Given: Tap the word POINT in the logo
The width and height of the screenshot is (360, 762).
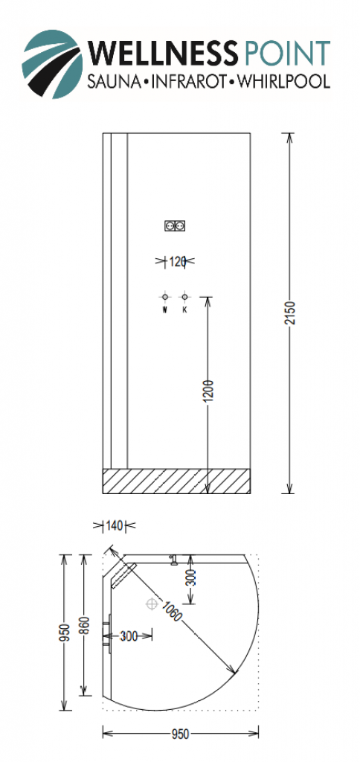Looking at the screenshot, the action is click(x=288, y=53).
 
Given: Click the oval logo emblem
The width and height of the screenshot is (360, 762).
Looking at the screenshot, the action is click(x=52, y=64).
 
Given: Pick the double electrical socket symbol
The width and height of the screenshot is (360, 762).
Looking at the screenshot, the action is click(x=176, y=225).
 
